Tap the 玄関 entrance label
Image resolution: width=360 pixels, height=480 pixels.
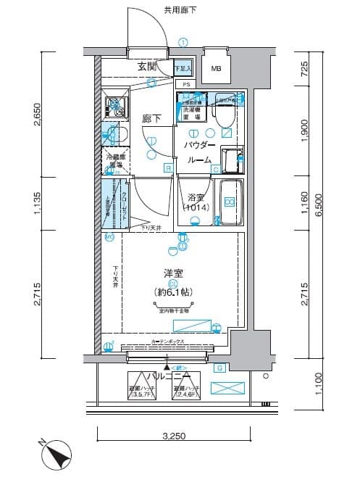tap(148, 67)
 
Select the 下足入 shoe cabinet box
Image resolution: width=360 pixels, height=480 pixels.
tap(183, 68)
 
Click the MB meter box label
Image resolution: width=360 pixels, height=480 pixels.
tap(217, 69)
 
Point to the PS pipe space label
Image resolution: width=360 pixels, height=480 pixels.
tap(186, 85)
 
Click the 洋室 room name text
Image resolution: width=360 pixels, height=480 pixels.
tap(173, 274)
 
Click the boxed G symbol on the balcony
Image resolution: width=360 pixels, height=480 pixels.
tap(220, 368)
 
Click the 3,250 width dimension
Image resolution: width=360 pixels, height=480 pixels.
tap(173, 436)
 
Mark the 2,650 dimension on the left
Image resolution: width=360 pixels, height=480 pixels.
tap(37, 115)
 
